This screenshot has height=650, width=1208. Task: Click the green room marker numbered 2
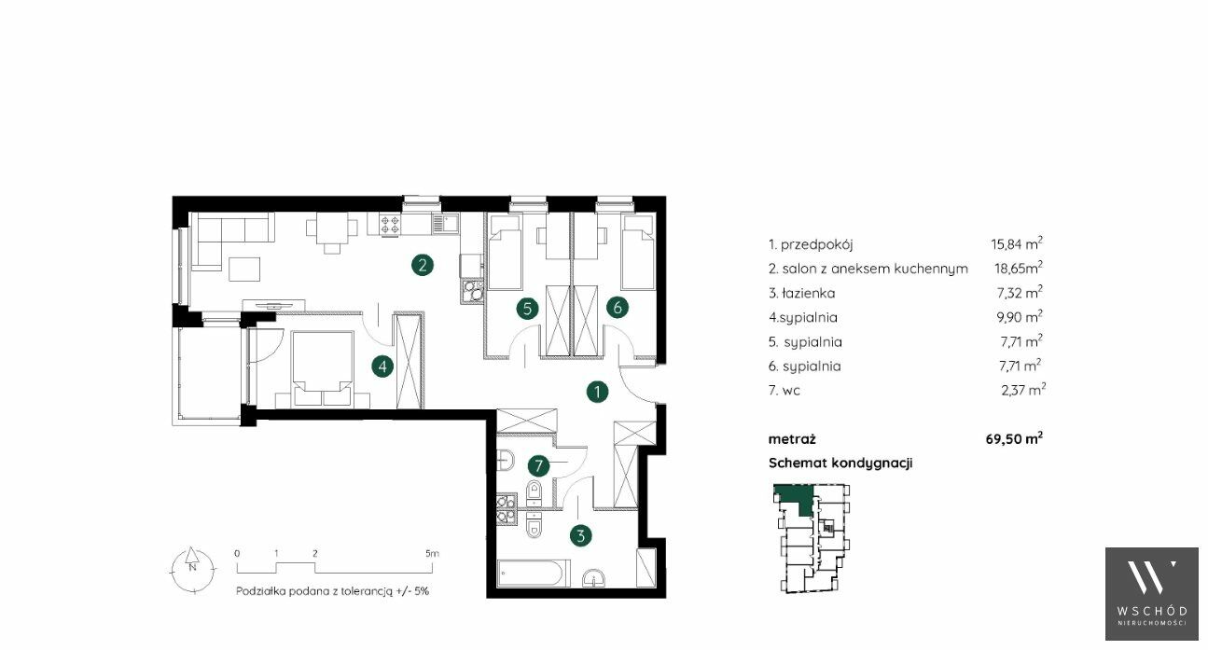click(423, 265)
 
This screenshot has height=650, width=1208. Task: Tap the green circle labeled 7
click(538, 465)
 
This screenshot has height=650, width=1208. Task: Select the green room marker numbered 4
click(382, 367)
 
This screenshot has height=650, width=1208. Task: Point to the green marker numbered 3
click(581, 535)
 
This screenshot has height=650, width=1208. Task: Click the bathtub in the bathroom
click(534, 574)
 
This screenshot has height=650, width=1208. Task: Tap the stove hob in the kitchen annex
click(389, 225)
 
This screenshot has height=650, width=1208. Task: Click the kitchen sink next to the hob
click(444, 223)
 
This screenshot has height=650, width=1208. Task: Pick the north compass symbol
click(192, 569)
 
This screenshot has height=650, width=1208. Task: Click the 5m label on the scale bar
click(432, 553)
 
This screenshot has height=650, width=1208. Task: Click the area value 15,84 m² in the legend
click(1017, 243)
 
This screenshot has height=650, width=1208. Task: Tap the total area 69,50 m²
click(1014, 438)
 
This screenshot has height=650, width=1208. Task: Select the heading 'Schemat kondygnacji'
click(840, 463)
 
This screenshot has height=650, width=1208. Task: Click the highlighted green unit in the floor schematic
click(795, 497)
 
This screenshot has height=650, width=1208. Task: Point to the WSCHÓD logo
click(1152, 594)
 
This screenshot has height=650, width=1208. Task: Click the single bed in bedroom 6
click(638, 253)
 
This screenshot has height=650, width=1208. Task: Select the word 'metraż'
click(792, 439)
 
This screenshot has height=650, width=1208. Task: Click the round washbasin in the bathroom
click(594, 578)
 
